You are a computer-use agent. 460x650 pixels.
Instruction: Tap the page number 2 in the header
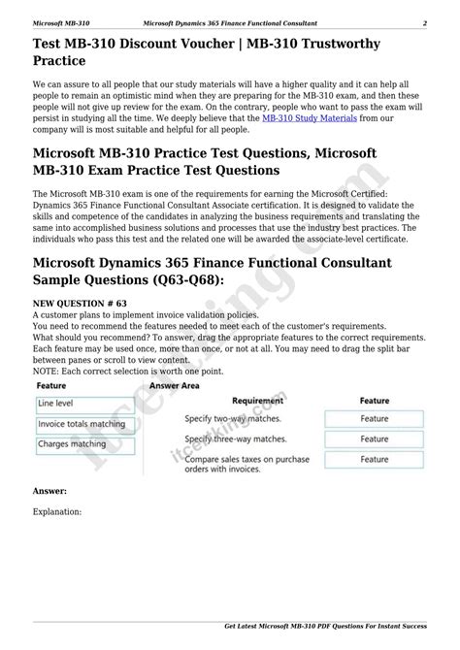click(424, 22)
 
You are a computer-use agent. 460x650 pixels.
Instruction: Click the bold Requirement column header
click(257, 400)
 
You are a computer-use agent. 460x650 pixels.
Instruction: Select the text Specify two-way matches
click(233, 419)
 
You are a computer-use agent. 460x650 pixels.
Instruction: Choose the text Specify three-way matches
click(236, 439)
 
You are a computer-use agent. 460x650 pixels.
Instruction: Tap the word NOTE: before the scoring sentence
click(48, 371)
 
